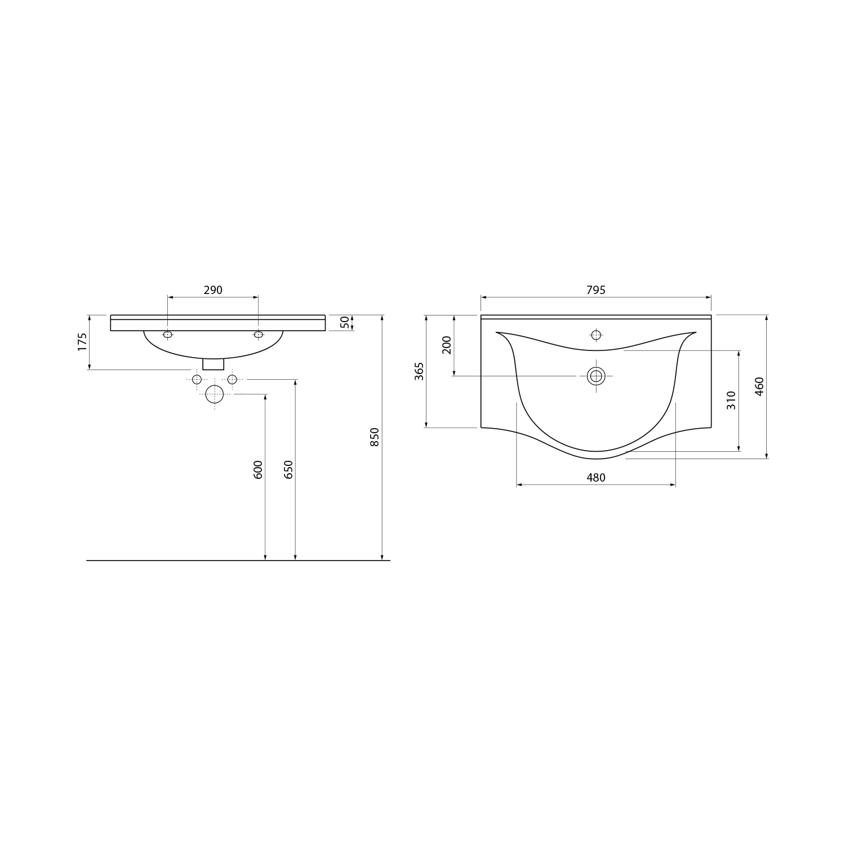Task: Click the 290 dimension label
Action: click(213, 290)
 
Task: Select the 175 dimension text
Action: click(82, 342)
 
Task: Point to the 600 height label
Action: click(258, 470)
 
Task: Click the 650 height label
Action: click(288, 470)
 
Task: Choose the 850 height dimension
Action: click(375, 437)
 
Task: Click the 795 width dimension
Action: click(596, 290)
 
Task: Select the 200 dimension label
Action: click(447, 344)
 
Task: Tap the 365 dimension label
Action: click(419, 371)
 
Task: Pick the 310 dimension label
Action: click(731, 400)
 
